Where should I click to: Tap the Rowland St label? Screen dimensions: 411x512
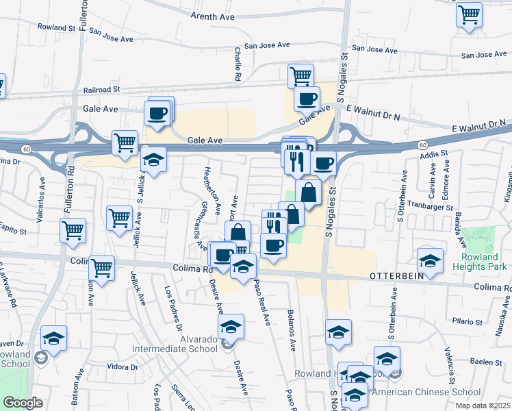pos(57,28)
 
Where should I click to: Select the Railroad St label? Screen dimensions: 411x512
pos(101,89)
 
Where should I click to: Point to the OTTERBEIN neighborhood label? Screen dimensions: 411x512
pos(398,275)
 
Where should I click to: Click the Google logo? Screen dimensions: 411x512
pos(23,403)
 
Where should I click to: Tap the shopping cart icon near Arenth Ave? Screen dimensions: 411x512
pos(469,14)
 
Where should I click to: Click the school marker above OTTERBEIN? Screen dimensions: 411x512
pos(430,260)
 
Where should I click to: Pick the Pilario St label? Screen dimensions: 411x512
pos(468,321)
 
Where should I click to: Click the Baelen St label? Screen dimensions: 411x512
pos(487,361)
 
